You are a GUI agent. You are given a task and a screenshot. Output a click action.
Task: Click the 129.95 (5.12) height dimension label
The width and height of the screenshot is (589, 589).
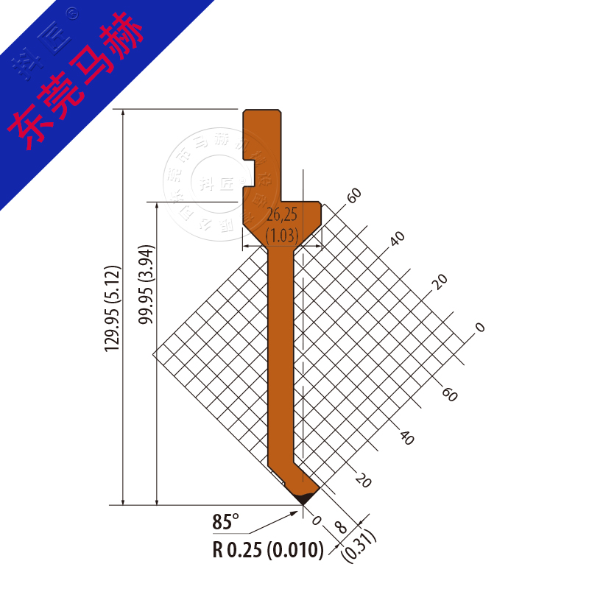tap(111, 308)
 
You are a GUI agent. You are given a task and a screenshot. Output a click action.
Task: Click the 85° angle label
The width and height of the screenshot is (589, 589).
tap(226, 523)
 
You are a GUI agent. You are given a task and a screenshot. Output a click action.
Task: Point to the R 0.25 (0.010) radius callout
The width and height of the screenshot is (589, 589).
tap(268, 550)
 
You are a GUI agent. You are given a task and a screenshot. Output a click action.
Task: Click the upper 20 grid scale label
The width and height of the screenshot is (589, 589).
tap(440, 282)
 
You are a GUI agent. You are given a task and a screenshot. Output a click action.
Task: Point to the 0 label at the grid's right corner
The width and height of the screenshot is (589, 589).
tap(481, 326)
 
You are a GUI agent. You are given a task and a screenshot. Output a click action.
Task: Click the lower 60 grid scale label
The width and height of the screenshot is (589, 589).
tap(449, 395)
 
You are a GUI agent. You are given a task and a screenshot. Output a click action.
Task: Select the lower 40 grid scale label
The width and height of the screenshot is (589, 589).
tap(406, 437)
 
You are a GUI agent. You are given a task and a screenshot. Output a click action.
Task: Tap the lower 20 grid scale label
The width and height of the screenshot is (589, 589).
tap(362, 480)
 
